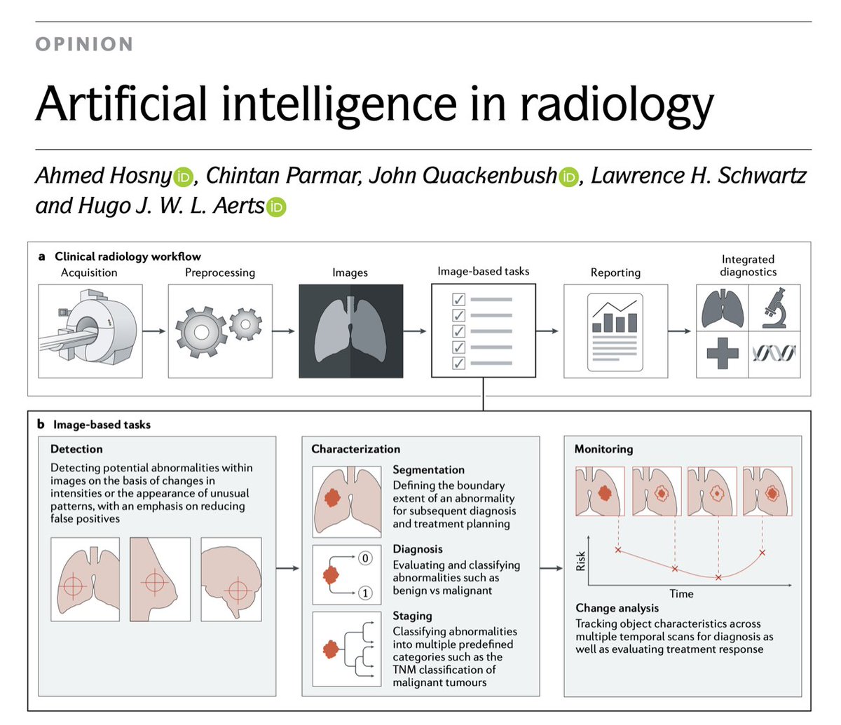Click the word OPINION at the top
click(x=84, y=44)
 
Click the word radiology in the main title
click(x=616, y=104)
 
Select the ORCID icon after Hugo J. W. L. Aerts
click(x=277, y=207)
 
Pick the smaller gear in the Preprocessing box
click(x=245, y=324)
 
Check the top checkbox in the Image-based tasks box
click(x=458, y=300)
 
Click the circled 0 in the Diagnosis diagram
click(x=364, y=558)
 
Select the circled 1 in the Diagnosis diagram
click(x=364, y=593)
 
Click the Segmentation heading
click(x=428, y=470)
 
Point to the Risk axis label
click(x=580, y=560)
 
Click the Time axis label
click(x=681, y=593)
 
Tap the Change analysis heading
click(x=617, y=608)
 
